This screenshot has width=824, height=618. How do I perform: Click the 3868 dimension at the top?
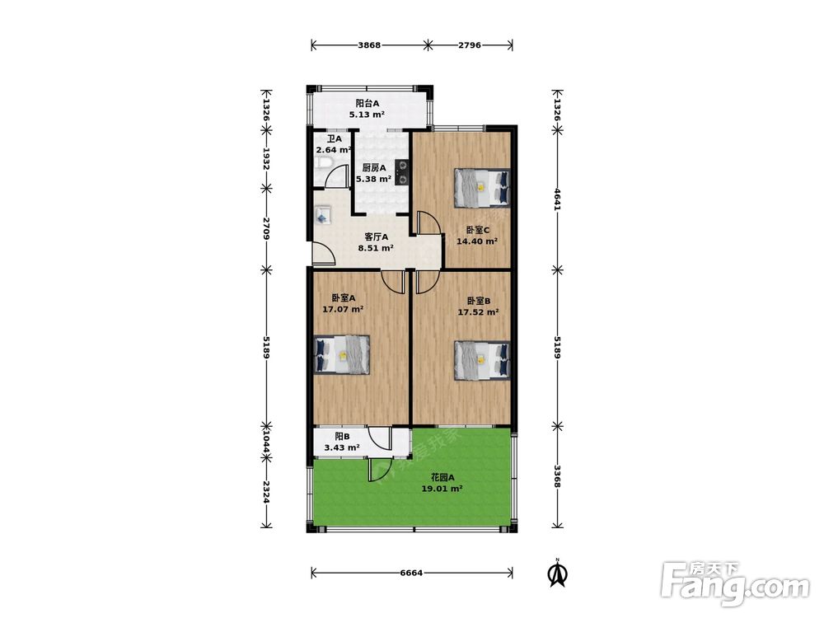[369, 45]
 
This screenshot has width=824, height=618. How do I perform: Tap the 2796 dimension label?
[470, 45]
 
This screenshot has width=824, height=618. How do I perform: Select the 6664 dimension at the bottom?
[411, 573]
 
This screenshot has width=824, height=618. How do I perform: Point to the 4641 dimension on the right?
[558, 199]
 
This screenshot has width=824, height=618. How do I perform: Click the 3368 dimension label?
[558, 477]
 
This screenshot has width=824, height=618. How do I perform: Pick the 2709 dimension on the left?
[266, 228]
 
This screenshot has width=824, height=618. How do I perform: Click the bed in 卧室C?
[482, 187]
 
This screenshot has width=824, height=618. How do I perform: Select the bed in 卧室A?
[342, 354]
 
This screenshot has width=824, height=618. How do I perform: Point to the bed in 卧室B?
[482, 360]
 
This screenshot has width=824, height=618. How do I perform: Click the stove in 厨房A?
[402, 173]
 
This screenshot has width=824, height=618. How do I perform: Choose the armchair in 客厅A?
[323, 215]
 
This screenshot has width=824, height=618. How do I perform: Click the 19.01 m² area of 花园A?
[442, 489]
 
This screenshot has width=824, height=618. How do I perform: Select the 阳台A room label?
[368, 104]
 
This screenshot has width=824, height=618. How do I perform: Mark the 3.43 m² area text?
[342, 447]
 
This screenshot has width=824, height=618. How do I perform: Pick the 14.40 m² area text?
[477, 241]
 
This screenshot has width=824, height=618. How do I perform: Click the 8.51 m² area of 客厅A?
[376, 248]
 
